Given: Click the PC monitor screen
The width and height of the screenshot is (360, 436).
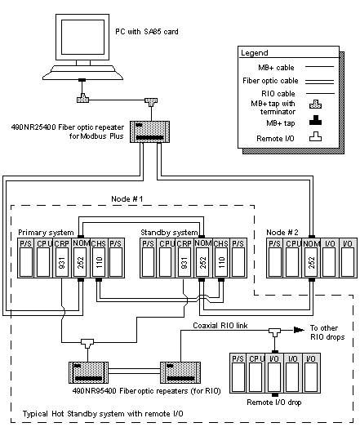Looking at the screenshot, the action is click(82, 37).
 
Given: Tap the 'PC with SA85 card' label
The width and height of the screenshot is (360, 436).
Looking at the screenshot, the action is click(147, 32).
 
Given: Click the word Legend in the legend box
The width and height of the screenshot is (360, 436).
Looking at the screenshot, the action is click(255, 53).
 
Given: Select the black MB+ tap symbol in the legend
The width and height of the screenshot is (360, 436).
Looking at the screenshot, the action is click(316, 120).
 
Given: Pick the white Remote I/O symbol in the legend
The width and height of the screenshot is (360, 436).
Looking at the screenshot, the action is click(316, 136).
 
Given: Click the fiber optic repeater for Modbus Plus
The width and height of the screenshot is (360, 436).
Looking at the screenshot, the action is click(150, 131).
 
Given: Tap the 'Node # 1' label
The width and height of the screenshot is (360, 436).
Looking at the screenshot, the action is click(127, 199).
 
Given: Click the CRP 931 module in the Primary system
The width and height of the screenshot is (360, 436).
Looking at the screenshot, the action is click(62, 258).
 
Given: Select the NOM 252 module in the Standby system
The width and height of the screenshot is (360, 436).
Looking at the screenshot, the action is click(203, 258).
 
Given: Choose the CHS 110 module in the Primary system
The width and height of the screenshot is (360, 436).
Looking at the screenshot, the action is click(99, 258).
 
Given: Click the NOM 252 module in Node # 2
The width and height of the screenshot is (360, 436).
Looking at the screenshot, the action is click(311, 258).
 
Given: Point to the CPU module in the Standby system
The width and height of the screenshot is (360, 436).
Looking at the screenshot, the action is click(166, 258).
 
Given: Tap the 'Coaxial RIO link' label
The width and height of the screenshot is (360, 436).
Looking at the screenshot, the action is click(220, 325).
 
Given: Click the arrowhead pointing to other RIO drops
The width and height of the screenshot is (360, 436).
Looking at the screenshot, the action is click(299, 330).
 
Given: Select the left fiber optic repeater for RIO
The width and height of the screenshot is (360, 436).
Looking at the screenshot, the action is click(88, 372).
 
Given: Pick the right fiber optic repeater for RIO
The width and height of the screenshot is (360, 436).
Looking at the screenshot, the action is click(180, 372).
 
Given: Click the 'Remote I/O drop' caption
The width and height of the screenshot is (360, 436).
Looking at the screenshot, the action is click(274, 403).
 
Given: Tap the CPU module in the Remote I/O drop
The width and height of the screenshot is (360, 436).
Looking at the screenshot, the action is click(256, 373).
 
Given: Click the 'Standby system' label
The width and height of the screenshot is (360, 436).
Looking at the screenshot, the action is click(169, 232).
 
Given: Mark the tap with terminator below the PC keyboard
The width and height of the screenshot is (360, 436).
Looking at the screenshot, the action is click(82, 99).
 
